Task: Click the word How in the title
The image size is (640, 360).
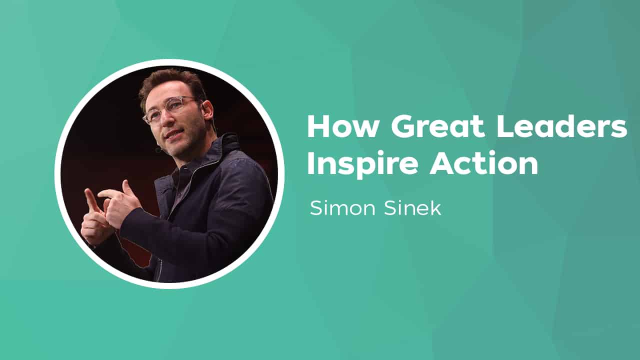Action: pyautogui.click(x=343, y=127)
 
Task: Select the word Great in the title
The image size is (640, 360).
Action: pyautogui.click(x=438, y=127)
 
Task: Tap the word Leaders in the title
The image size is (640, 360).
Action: pyautogui.click(x=561, y=127)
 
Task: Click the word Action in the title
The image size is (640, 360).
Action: pyautogui.click(x=484, y=163)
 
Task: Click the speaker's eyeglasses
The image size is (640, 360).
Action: pyautogui.click(x=170, y=108)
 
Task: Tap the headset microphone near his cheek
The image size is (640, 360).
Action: pyautogui.click(x=158, y=149)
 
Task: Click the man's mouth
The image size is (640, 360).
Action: pyautogui.click(x=173, y=134)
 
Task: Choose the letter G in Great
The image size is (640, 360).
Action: pyautogui.click(x=402, y=127)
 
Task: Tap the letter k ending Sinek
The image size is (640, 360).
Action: pyautogui.click(x=435, y=207)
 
